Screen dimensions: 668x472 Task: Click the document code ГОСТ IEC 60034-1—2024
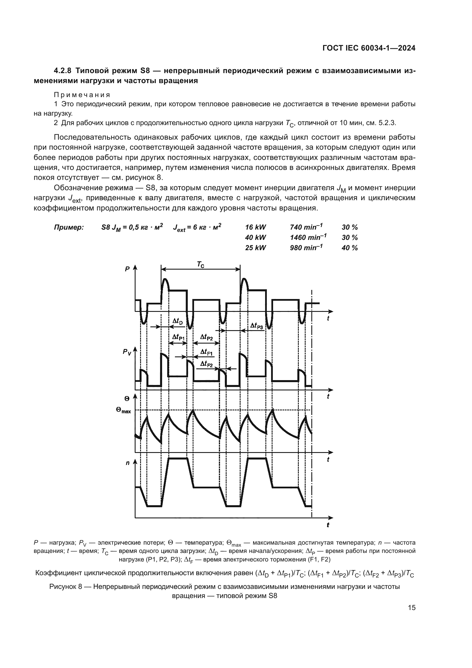pyautogui.click(x=368, y=48)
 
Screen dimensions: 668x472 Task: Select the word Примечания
pyautogui.click(x=82, y=95)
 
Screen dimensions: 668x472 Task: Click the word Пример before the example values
pyautogui.click(x=69, y=228)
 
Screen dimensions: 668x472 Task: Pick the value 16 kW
pyautogui.click(x=255, y=228)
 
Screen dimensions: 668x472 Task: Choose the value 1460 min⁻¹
pyautogui.click(x=308, y=238)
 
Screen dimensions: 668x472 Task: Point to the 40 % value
pyautogui.click(x=349, y=248)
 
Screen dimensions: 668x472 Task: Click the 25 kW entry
pyautogui.click(x=255, y=248)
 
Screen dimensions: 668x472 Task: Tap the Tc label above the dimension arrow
pyautogui.click(x=200, y=264)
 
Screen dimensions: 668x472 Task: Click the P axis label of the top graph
pyautogui.click(x=127, y=269)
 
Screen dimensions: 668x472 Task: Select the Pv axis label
pyautogui.click(x=127, y=352)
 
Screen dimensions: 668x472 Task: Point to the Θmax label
pyautogui.click(x=123, y=410)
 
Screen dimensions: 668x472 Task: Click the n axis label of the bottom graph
pyautogui.click(x=128, y=463)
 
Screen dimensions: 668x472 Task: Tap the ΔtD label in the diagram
pyautogui.click(x=177, y=321)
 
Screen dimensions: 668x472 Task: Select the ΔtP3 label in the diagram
pyautogui.click(x=256, y=326)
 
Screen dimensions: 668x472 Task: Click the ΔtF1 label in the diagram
pyautogui.click(x=206, y=353)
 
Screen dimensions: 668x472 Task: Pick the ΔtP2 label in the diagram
pyautogui.click(x=206, y=337)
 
